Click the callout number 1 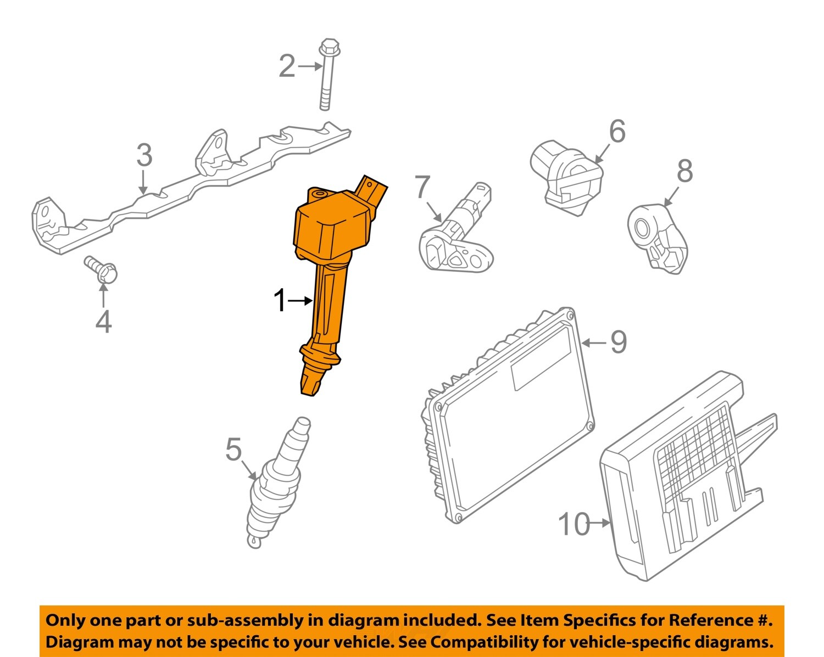pos(280,301)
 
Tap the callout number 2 pos(287,66)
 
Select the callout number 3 pos(144,155)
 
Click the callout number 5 pos(233,449)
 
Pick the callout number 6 pos(617,131)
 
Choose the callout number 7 pos(422,187)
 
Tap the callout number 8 pos(685,171)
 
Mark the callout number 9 pos(619,342)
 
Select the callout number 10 pos(575,524)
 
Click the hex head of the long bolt pos(329,47)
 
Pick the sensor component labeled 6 pos(567,177)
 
